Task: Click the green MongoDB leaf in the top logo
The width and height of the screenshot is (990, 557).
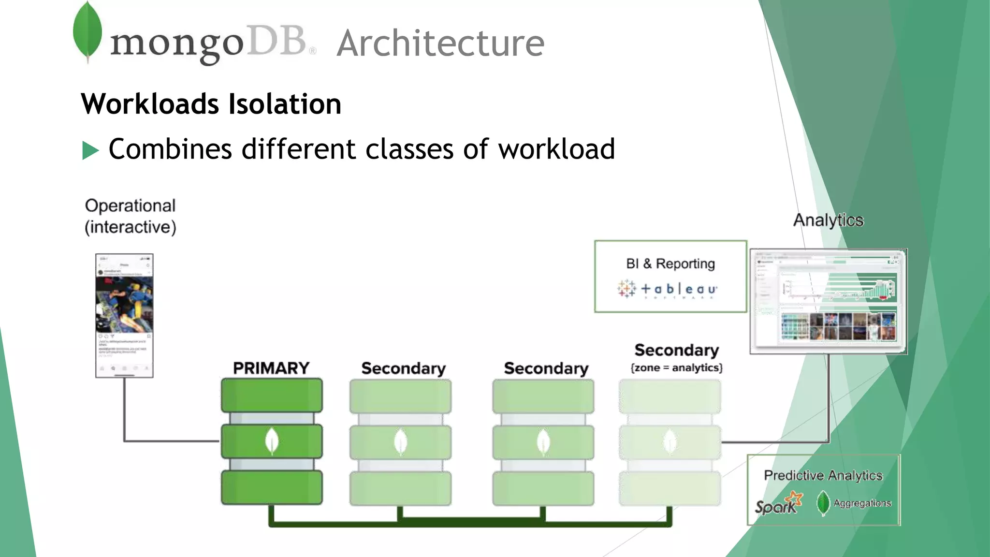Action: click(87, 31)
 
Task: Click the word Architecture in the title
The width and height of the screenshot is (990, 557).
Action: click(440, 44)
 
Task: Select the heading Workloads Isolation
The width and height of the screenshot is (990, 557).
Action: click(211, 104)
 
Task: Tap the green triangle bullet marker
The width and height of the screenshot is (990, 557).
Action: click(90, 150)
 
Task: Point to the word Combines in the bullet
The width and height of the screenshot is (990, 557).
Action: click(170, 149)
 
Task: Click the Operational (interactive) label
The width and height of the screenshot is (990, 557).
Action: click(130, 216)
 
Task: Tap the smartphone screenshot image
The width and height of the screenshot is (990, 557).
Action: click(124, 315)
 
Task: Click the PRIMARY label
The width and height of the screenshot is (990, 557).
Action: click(271, 368)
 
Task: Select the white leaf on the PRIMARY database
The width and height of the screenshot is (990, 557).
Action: click(272, 441)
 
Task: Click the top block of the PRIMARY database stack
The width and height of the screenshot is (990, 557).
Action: click(272, 395)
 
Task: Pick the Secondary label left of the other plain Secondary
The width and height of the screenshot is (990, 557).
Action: click(403, 368)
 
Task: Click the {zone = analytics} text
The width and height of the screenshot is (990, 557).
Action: click(676, 368)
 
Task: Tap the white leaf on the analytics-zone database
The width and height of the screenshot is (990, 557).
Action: click(670, 441)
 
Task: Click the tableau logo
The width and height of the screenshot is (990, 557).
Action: click(668, 289)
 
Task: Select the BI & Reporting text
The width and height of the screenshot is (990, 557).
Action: click(670, 264)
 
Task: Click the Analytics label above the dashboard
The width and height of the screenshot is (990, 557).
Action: click(828, 220)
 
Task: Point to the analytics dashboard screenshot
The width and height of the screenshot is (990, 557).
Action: click(828, 301)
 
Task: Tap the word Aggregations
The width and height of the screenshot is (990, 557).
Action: click(862, 503)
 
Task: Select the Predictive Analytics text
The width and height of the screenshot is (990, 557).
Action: click(823, 475)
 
